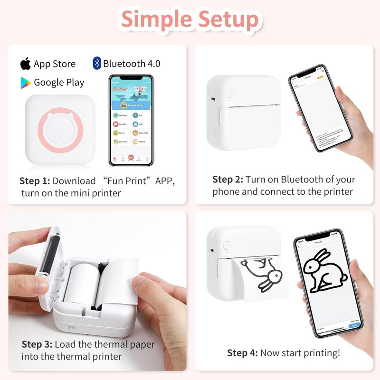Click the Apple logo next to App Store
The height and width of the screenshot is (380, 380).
point(25,63)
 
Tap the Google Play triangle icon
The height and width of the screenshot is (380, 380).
point(26,82)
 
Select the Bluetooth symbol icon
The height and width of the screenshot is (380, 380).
point(97,63)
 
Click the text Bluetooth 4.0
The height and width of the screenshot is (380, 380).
point(132,63)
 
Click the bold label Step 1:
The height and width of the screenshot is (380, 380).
point(35,181)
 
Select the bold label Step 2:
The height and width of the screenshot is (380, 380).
point(228,180)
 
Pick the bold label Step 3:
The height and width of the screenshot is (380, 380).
point(37,344)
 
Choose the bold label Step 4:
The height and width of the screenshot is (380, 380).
point(242,352)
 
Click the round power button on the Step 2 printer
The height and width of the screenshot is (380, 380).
point(229,94)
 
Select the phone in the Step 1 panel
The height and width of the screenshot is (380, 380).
point(131,120)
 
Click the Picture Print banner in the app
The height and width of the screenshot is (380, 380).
point(131,105)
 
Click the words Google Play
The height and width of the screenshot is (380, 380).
point(59,82)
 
